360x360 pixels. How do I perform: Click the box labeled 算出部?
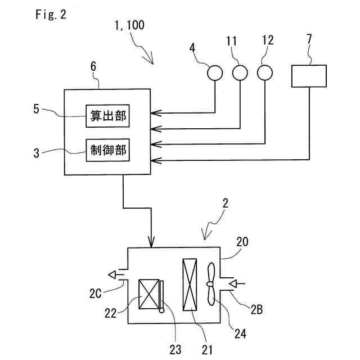pyautogui.click(x=107, y=116)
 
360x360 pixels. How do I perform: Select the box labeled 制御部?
pyautogui.click(x=107, y=149)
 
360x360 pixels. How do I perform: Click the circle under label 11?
pyautogui.click(x=240, y=73)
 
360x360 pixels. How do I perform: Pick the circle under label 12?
pyautogui.click(x=265, y=73)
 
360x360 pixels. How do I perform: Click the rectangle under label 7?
pyautogui.click(x=309, y=76)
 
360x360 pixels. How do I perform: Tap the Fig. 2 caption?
pyautogui.click(x=50, y=15)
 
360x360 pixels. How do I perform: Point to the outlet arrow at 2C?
pyautogui.click(x=115, y=274)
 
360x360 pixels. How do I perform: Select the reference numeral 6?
pyautogui.click(x=93, y=66)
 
